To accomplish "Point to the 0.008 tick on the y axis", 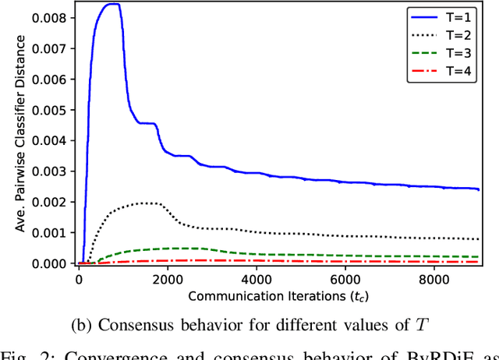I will [55, 16].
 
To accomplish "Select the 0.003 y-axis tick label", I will [55, 171].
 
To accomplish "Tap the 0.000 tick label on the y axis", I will [55, 263].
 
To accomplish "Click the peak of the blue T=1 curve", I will [113, 5].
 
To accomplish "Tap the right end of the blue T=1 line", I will [478, 189].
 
